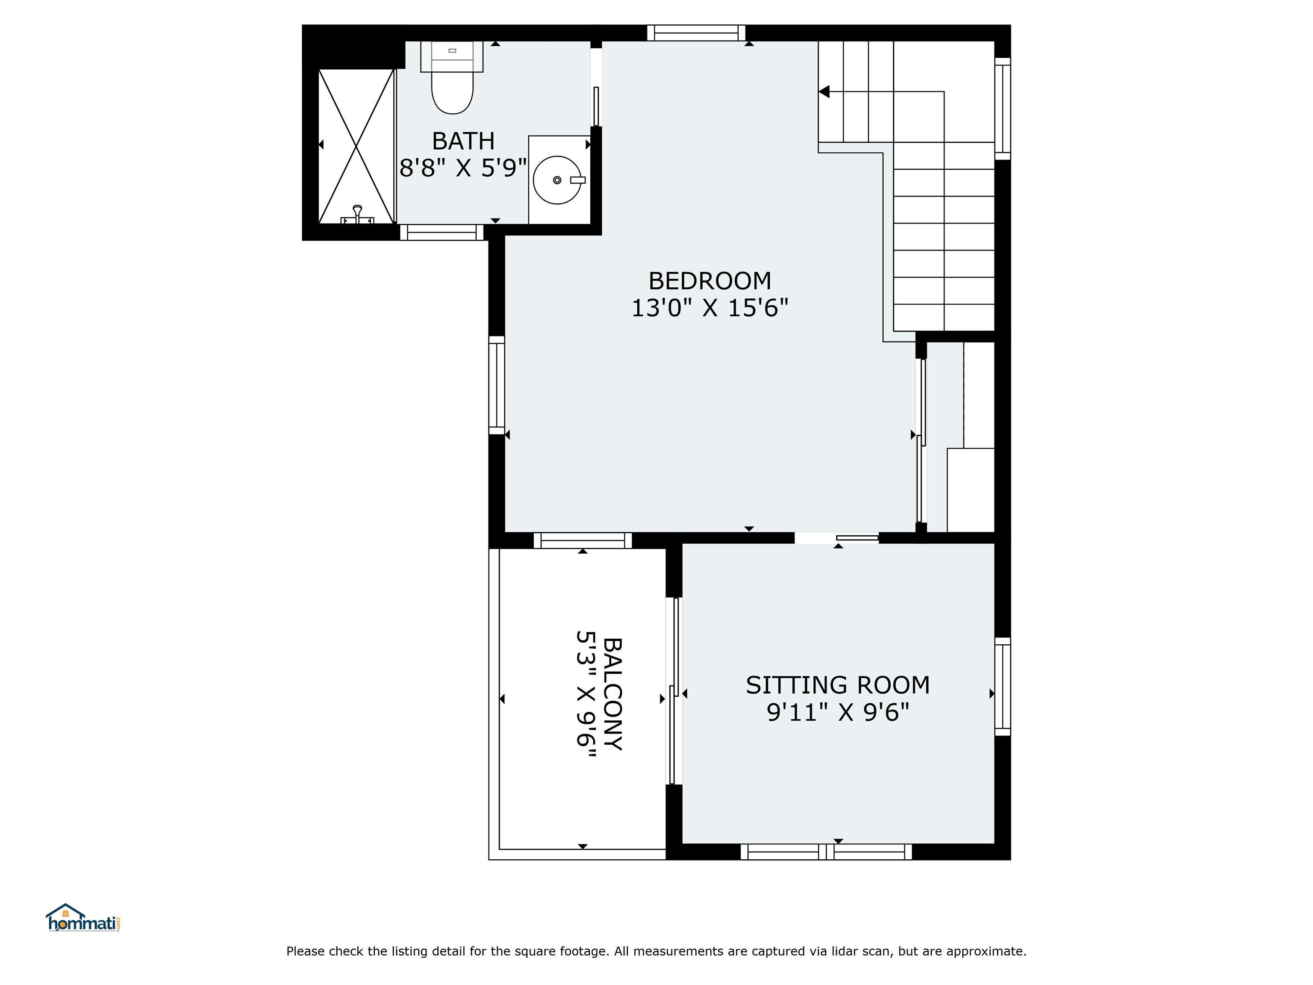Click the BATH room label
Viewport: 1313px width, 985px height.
tap(463, 142)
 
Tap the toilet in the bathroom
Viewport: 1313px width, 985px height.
tap(452, 78)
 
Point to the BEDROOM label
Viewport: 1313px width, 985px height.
tap(709, 281)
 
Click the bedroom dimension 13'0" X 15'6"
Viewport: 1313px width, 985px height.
tap(709, 308)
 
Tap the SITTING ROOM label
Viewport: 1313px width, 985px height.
tap(838, 685)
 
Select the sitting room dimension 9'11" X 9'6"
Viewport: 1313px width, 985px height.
tap(838, 713)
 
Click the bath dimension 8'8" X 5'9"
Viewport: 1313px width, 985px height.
tap(463, 168)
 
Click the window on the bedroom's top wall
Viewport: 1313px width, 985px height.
tap(696, 32)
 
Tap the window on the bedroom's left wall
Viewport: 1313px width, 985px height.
tap(497, 385)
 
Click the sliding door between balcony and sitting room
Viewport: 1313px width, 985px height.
tap(674, 690)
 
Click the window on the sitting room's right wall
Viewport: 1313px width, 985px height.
tap(1003, 686)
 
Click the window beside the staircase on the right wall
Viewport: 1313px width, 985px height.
tap(1003, 109)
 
